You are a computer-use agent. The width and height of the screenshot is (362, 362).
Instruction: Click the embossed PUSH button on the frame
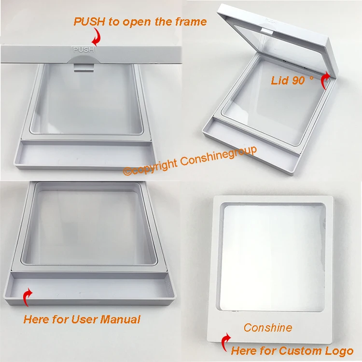click(x=84, y=49)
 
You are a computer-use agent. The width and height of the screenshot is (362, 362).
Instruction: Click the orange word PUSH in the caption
click(x=89, y=22)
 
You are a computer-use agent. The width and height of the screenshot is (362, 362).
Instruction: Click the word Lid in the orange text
click(x=279, y=80)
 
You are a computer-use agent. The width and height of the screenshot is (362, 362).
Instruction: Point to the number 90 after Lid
click(x=298, y=80)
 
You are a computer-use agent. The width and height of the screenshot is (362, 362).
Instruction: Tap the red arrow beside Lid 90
click(x=326, y=80)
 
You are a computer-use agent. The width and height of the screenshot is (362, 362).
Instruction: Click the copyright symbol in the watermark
click(x=127, y=171)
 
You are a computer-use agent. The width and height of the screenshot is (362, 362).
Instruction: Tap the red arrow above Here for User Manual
click(x=28, y=297)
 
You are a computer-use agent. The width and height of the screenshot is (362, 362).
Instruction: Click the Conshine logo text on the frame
click(x=268, y=328)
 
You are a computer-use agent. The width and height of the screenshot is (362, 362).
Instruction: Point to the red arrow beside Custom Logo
click(x=226, y=342)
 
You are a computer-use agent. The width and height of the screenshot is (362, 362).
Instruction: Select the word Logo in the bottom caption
click(x=339, y=351)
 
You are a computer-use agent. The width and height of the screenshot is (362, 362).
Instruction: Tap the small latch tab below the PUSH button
click(x=84, y=68)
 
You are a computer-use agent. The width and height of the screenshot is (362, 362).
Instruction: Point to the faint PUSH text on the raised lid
click(x=271, y=21)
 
